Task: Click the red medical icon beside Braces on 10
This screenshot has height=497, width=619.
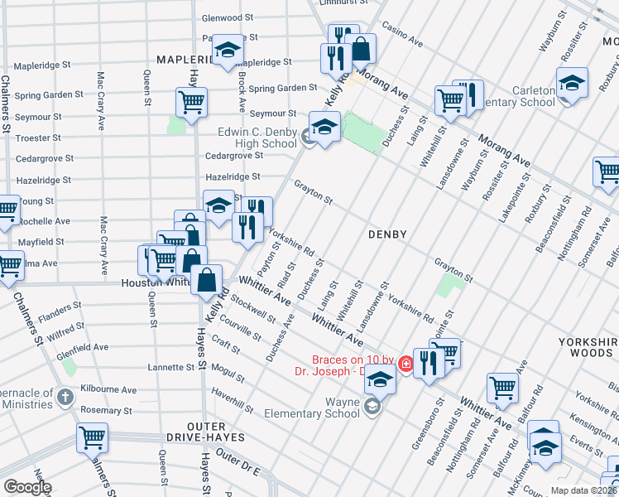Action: click(405, 364)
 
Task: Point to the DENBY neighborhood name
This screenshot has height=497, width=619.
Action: click(387, 234)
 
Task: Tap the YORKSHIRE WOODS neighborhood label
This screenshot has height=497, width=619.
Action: click(589, 348)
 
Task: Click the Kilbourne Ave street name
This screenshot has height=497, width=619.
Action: click(108, 389)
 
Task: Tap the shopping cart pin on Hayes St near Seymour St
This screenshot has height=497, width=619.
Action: click(191, 103)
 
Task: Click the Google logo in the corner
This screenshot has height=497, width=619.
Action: click(26, 486)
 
